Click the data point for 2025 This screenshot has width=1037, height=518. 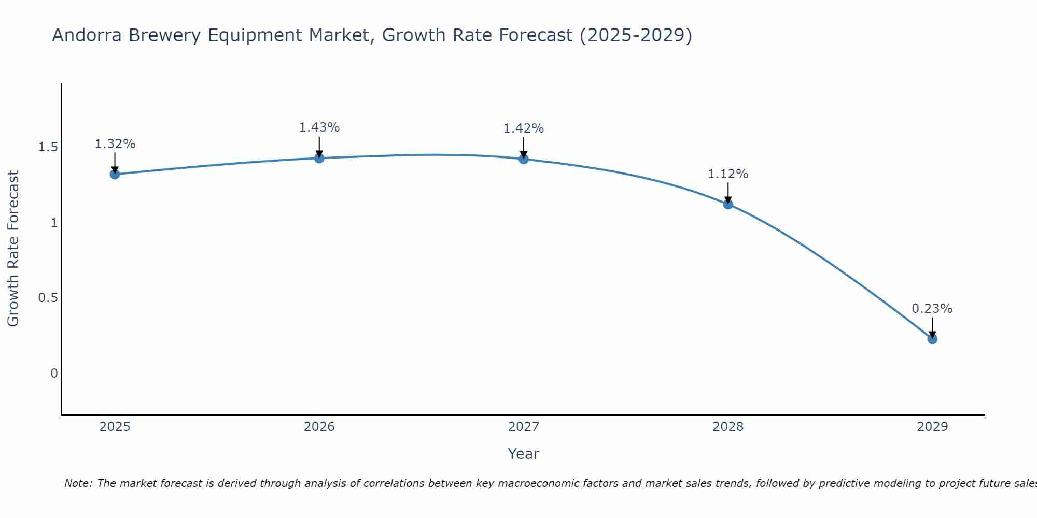coord(115,174)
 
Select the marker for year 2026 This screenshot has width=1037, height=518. coord(319,158)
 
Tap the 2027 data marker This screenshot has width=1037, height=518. coord(524,159)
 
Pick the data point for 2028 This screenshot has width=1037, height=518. coord(728,204)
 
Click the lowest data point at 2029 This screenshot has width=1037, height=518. coord(932,339)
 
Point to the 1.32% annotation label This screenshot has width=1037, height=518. coord(115,144)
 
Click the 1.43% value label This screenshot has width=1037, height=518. coord(319,127)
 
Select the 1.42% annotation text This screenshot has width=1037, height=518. coord(524,128)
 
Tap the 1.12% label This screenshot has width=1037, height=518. coord(728,174)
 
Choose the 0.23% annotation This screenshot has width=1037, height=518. coord(932,309)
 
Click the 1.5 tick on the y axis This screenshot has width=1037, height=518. coord(48,148)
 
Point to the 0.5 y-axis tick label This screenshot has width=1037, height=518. coord(48,298)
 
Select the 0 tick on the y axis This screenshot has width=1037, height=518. coord(54,373)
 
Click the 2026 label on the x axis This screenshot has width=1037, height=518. coord(319,427)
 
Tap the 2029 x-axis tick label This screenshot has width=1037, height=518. coord(932,427)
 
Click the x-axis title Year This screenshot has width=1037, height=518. coord(524,454)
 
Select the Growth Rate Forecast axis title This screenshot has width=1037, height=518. coord(13,249)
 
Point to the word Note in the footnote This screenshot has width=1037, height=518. coord(77,483)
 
